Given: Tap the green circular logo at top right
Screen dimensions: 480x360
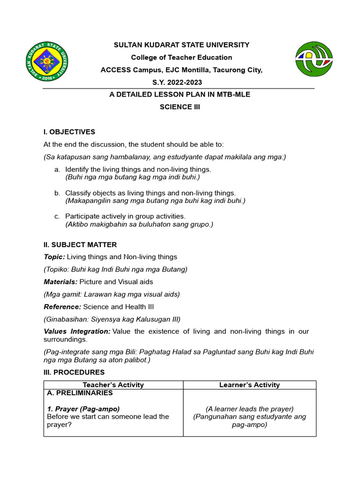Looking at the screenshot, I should (314, 58).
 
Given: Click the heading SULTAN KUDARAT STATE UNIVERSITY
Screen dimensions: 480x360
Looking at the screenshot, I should (182, 45).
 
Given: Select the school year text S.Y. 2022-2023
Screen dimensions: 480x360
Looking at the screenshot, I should (182, 82).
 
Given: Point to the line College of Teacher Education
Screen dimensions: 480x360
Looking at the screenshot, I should (181, 57).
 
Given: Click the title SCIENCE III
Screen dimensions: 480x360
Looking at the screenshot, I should (180, 106).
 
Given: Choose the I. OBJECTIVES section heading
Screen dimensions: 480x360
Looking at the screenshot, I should (69, 132).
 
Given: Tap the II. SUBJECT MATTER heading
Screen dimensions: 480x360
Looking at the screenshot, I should (80, 245).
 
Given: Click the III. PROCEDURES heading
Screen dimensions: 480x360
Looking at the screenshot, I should (74, 372).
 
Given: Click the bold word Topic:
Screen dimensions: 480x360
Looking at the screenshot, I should (54, 257).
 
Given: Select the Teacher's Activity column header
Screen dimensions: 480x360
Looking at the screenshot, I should (113, 385).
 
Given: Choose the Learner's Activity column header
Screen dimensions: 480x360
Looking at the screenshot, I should (249, 385).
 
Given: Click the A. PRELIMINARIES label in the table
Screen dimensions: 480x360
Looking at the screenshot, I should (80, 393).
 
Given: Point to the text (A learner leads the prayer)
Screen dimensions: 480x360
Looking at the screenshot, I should (249, 409).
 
